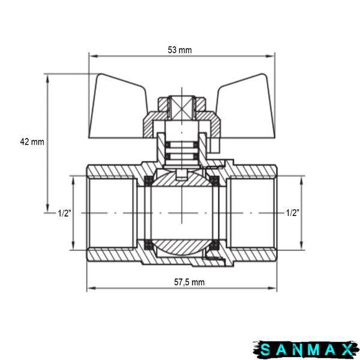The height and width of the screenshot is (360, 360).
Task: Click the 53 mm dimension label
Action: (x=179, y=50)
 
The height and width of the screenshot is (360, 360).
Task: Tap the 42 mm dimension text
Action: (x=32, y=142)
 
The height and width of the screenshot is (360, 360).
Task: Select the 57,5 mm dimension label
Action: (x=189, y=282)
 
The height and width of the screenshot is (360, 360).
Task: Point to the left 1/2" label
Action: (x=65, y=213)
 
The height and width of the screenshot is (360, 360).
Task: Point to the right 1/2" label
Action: (x=293, y=213)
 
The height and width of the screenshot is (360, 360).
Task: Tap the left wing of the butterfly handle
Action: (x=117, y=108)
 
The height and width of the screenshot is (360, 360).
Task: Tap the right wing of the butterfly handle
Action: (x=247, y=108)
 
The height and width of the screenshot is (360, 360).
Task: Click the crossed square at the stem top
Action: (x=182, y=108)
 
